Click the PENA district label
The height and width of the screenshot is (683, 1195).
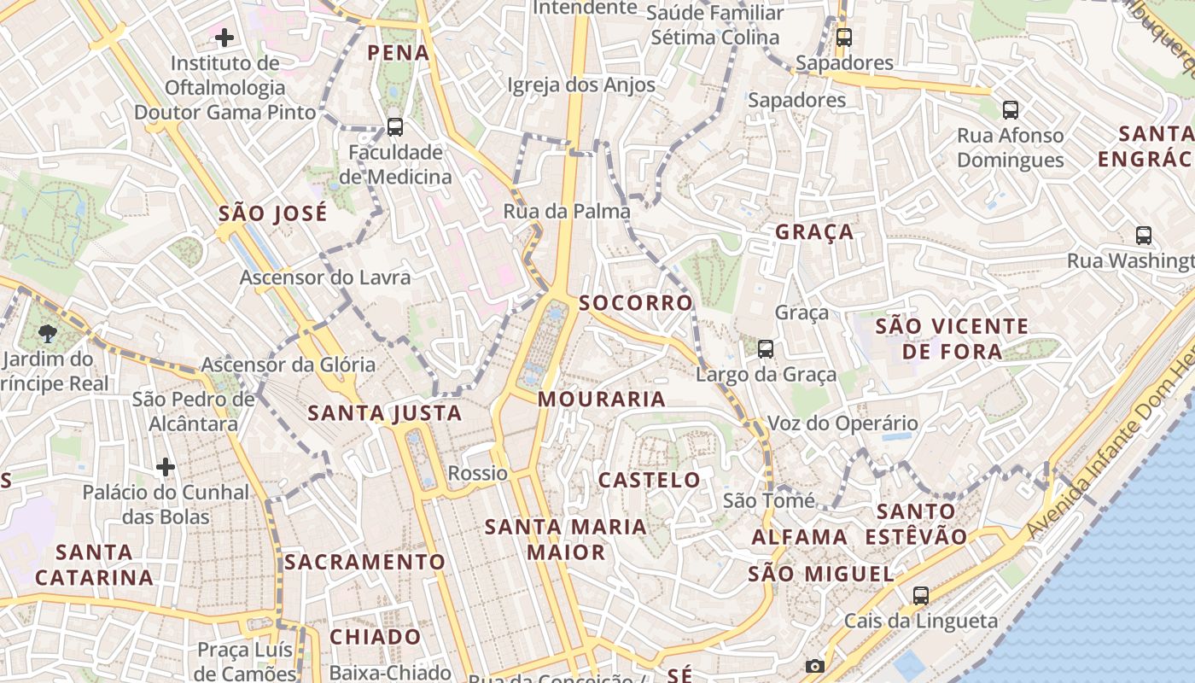[398, 53]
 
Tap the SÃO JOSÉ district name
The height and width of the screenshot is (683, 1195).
[273, 213]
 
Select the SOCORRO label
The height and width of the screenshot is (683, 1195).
[636, 303]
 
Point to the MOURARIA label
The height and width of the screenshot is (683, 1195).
[602, 399]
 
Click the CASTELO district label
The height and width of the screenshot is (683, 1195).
[650, 480]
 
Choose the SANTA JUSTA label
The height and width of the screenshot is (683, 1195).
[384, 414]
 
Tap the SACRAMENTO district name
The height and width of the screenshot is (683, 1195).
[364, 562]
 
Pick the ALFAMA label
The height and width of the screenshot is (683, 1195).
[800, 537]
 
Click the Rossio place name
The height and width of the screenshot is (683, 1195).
[478, 473]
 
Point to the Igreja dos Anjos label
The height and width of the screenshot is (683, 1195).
[581, 85]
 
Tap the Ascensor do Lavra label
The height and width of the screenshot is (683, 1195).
[324, 277]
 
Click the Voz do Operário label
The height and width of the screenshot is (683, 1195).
[842, 423]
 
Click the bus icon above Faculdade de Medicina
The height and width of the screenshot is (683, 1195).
[394, 127]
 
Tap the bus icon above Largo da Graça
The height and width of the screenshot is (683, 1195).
[766, 348]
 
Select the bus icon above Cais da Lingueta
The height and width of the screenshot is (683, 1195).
[920, 596]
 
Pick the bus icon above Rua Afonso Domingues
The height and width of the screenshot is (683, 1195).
[1011, 109]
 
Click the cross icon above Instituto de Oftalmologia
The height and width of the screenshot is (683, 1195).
[224, 38]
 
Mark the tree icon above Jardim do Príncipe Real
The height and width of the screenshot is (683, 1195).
[48, 334]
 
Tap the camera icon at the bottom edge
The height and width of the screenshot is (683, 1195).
[815, 666]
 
